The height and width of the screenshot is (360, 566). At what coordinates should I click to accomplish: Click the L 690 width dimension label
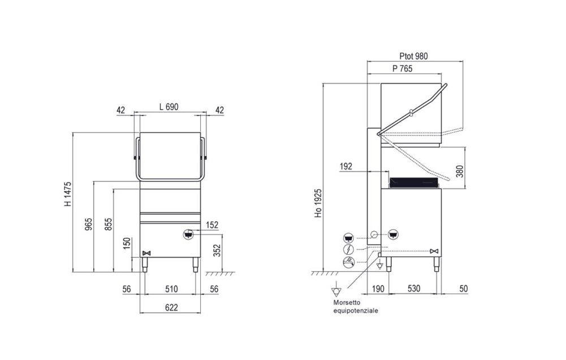pos(168,107)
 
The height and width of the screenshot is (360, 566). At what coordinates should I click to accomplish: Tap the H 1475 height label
pos(68,194)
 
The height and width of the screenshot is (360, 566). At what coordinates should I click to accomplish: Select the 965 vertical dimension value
pos(88,224)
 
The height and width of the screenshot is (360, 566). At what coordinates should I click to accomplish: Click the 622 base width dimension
pos(171,307)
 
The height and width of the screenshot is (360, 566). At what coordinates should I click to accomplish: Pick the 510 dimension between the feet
pos(171,289)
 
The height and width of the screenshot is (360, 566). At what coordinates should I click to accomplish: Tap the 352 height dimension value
pos(217,250)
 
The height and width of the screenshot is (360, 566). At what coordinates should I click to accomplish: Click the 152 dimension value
pos(212,225)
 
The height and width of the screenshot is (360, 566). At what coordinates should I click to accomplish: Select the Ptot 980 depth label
pos(413,57)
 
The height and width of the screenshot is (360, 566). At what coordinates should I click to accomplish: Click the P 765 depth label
pos(403,68)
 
